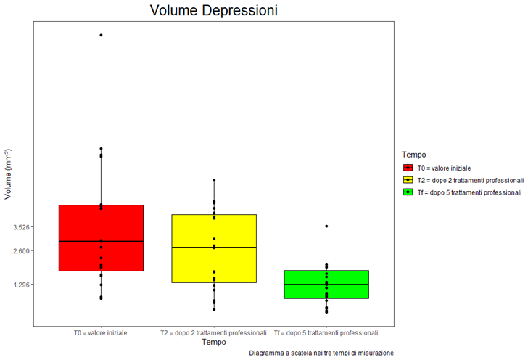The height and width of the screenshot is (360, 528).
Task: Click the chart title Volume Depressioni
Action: tap(214, 11)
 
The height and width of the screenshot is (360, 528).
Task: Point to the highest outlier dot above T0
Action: tap(101, 35)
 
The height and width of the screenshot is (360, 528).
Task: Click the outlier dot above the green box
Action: tap(326, 226)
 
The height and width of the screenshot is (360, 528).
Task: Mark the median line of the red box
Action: tap(101, 241)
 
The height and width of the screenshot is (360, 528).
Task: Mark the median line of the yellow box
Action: tap(214, 247)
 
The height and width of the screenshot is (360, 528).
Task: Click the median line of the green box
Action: tap(326, 285)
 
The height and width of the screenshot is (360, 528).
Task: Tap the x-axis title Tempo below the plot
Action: tap(214, 342)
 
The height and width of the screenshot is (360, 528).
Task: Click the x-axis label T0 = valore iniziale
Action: tap(101, 333)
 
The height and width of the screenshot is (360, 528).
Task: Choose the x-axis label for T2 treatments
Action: tap(214, 333)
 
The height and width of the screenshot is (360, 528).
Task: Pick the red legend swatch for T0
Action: tap(409, 168)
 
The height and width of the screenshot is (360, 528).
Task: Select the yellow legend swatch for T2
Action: tap(409, 180)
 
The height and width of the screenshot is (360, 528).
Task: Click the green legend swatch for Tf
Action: tap(409, 192)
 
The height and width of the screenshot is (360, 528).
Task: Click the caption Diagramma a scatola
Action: tap(321, 353)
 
